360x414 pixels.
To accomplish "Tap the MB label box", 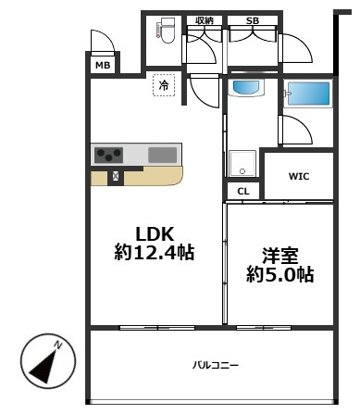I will pos(103,66).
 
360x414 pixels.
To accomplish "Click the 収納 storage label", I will pos(204,19).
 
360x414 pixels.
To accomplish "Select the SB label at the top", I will pos(253,19).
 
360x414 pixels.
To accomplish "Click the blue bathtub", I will pos(308,94).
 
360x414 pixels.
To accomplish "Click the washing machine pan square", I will pos(243,163).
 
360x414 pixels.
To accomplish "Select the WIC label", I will pos(298,173).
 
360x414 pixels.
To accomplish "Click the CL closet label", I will pos(242,191).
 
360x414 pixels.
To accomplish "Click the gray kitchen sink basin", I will pos(163,155).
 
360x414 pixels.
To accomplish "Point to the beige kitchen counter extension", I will pos(148,175).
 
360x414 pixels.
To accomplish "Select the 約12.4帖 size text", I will pos(155,252).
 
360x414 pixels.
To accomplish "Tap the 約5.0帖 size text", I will pos(279,275).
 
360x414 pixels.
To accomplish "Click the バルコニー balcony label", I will pos(216,365).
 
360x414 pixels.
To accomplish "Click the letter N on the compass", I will pos(58,345).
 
